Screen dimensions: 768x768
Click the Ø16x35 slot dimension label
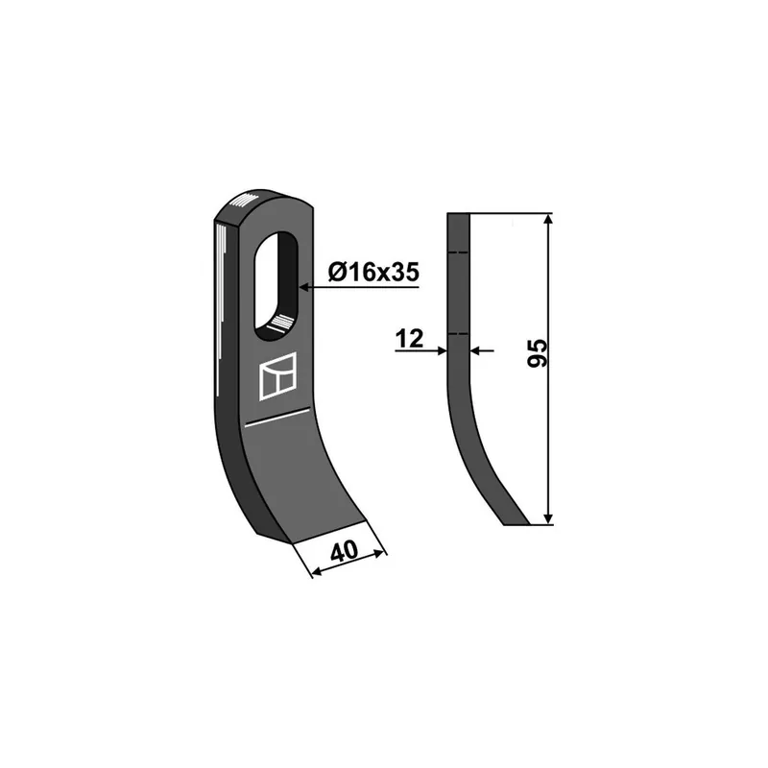(373, 272)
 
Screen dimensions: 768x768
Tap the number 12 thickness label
(410, 339)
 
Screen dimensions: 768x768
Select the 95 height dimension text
(538, 352)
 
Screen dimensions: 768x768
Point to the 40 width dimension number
(345, 552)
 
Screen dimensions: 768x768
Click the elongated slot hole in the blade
(276, 286)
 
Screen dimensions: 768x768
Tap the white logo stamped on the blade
(278, 376)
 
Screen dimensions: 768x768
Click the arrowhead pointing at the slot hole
(304, 287)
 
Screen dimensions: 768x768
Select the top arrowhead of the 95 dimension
(548, 219)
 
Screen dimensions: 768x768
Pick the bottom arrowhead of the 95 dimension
(548, 519)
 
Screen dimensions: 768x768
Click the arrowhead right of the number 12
(442, 350)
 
